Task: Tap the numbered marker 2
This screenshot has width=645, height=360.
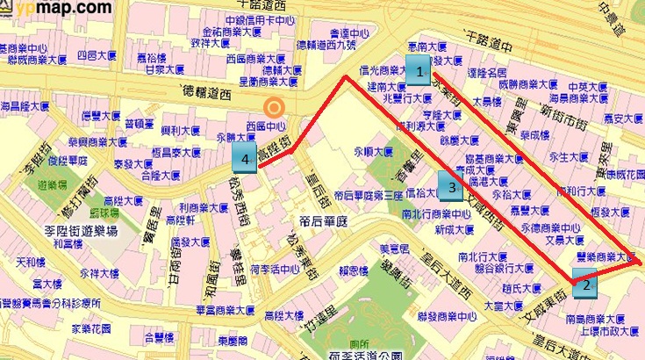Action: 585,283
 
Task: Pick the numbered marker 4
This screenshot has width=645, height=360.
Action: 247,159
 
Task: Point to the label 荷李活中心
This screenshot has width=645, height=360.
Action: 269,270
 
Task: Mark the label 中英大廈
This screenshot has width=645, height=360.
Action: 588,87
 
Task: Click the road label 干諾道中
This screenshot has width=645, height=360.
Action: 488,41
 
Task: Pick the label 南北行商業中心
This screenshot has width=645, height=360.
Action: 436,213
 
